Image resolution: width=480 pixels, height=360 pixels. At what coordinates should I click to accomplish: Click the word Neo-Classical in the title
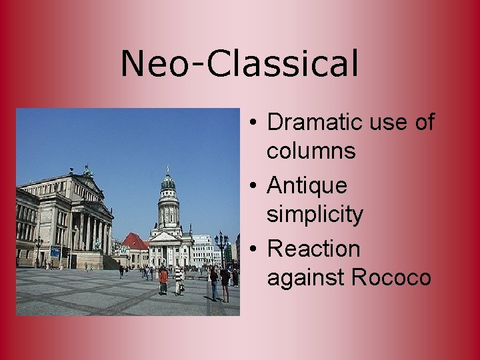click(x=239, y=64)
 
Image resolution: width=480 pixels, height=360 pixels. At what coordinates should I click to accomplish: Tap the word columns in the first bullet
click(x=311, y=151)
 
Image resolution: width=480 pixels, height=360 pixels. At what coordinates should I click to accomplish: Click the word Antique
click(x=307, y=185)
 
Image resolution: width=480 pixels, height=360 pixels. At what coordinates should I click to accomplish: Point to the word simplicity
click(x=315, y=215)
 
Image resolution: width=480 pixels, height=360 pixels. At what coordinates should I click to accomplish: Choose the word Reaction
click(x=313, y=249)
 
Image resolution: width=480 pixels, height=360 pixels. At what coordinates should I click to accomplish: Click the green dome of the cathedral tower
click(x=168, y=181)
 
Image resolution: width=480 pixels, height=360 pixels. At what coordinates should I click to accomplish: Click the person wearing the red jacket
click(x=163, y=279)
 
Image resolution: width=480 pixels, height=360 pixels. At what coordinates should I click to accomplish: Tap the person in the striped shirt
click(x=178, y=279)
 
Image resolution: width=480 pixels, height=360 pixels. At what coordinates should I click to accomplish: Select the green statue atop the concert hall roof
click(x=87, y=171)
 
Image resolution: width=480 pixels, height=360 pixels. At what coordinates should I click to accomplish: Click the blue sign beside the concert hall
click(x=55, y=251)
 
